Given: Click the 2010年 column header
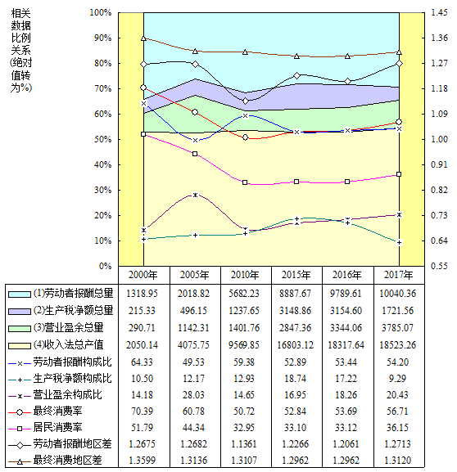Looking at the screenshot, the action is [x=245, y=275].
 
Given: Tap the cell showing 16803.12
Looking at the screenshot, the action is [x=296, y=345].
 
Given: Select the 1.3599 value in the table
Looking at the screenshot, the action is [x=142, y=461].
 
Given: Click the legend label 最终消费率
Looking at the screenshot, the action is [x=57, y=411].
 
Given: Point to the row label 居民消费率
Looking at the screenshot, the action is [x=57, y=428].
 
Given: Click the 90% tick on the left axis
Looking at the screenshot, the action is [x=101, y=38].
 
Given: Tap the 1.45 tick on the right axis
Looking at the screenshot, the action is [x=439, y=12].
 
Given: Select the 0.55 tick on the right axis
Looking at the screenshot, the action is [x=439, y=266].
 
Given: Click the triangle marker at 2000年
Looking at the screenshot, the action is [x=143, y=38].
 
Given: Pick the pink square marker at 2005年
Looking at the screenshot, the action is [x=195, y=154].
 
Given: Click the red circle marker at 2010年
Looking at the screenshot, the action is [x=245, y=137].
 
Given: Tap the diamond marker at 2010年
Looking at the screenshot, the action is [x=246, y=101].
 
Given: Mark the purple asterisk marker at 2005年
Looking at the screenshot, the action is [x=196, y=195].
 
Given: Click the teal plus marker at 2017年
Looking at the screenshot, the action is [x=399, y=243].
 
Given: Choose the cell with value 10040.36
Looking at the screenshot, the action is [x=398, y=294].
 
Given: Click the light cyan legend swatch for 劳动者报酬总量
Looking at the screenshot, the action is [x=20, y=294].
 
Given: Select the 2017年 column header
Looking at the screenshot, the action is [x=398, y=275].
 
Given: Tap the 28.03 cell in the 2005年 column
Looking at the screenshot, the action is [x=193, y=394].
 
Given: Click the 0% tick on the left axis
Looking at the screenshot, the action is [x=105, y=266].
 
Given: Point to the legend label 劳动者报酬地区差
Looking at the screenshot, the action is [x=72, y=444].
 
